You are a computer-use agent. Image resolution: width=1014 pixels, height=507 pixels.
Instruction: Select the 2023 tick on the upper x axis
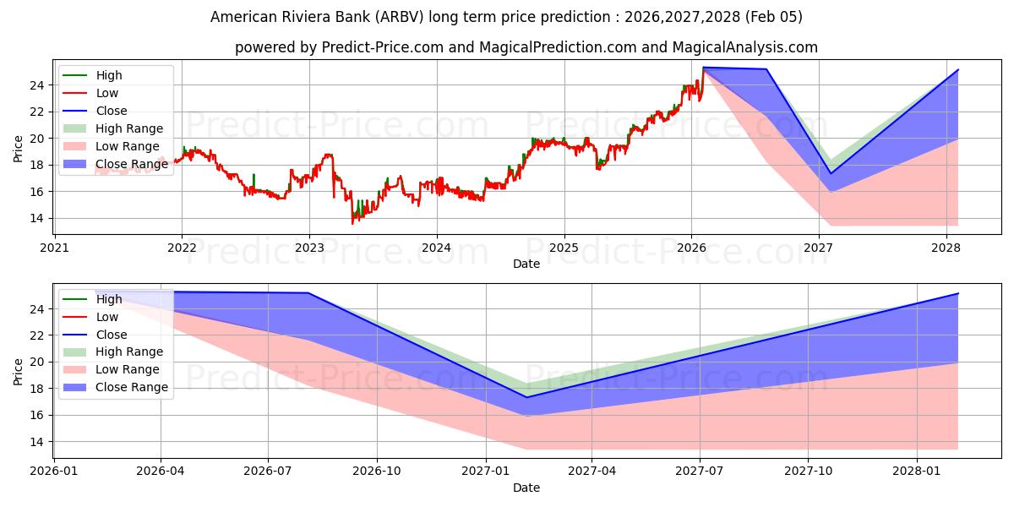[x=309, y=248]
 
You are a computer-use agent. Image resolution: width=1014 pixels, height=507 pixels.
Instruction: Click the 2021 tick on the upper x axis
[x=54, y=248]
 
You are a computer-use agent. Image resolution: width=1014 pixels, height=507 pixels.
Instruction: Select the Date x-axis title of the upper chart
[x=526, y=264]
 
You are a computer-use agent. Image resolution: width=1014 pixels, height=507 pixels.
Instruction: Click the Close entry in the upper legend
[x=112, y=111]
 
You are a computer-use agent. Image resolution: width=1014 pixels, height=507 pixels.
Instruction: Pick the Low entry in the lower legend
[x=107, y=317]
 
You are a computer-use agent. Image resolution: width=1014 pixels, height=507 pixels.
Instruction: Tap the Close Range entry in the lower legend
[x=131, y=387]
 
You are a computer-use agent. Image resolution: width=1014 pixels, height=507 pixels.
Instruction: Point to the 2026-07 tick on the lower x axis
[x=268, y=472]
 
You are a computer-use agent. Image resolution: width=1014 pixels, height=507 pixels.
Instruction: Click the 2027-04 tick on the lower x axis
[x=591, y=472]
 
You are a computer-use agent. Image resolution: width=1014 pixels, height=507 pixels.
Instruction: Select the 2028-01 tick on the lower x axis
[x=917, y=472]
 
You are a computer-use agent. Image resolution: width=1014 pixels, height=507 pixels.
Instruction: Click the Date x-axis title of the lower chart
[x=526, y=488]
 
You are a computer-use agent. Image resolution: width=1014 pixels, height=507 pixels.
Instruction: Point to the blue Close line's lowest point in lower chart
[x=526, y=397]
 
